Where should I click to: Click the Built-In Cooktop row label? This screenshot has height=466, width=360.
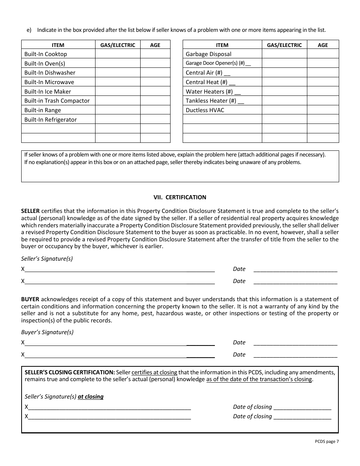(45, 54)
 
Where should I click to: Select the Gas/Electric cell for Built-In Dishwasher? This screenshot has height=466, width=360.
(117, 73)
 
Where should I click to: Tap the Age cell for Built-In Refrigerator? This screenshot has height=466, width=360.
(155, 120)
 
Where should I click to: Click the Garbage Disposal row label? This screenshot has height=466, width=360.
(208, 54)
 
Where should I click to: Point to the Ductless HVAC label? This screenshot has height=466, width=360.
(205, 110)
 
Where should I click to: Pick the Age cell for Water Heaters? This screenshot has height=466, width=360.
(322, 91)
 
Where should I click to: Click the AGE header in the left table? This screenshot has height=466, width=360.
(155, 45)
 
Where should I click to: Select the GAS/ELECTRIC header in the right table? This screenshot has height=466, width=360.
(284, 45)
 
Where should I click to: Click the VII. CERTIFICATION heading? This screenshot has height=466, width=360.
(180, 197)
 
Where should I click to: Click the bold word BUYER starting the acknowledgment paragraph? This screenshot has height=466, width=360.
(30, 299)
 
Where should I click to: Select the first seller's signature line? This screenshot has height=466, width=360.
(119, 269)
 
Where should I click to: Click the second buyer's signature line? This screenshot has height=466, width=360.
(119, 355)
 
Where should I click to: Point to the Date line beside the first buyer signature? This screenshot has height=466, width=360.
(295, 343)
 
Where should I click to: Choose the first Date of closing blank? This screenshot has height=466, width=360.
(302, 407)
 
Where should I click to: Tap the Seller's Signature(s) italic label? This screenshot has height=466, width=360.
(47, 259)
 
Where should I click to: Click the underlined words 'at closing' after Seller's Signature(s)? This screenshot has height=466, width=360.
(91, 397)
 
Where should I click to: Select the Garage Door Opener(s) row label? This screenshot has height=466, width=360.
(218, 63)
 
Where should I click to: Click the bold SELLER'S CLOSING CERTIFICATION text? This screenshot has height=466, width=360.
(69, 372)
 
